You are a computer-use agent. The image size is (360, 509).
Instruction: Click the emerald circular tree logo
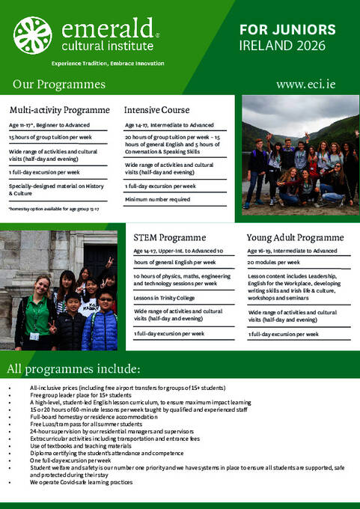[33, 34]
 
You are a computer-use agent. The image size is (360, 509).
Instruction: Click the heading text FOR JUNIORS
[287, 30]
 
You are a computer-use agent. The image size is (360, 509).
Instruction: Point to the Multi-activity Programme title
[59, 109]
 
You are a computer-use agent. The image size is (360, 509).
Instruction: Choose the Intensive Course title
[156, 109]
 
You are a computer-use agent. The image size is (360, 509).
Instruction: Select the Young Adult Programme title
[296, 237]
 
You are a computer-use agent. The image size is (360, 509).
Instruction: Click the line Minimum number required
[159, 199]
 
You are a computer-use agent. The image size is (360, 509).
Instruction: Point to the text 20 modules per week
[274, 263]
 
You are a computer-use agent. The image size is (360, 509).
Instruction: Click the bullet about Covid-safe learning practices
[81, 482]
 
